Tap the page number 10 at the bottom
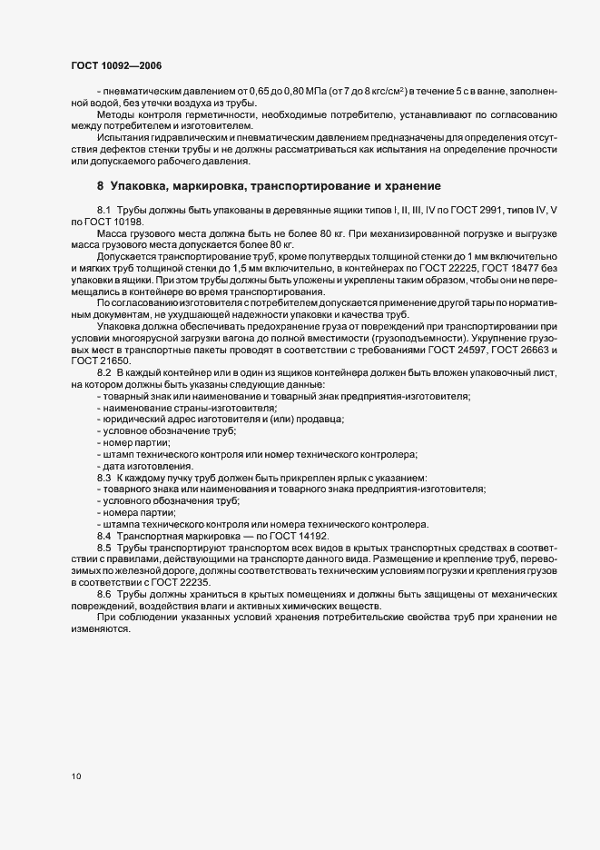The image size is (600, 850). tap(75, 776)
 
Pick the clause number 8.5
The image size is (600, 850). tap(104, 549)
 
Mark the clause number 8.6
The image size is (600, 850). tap(104, 594)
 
